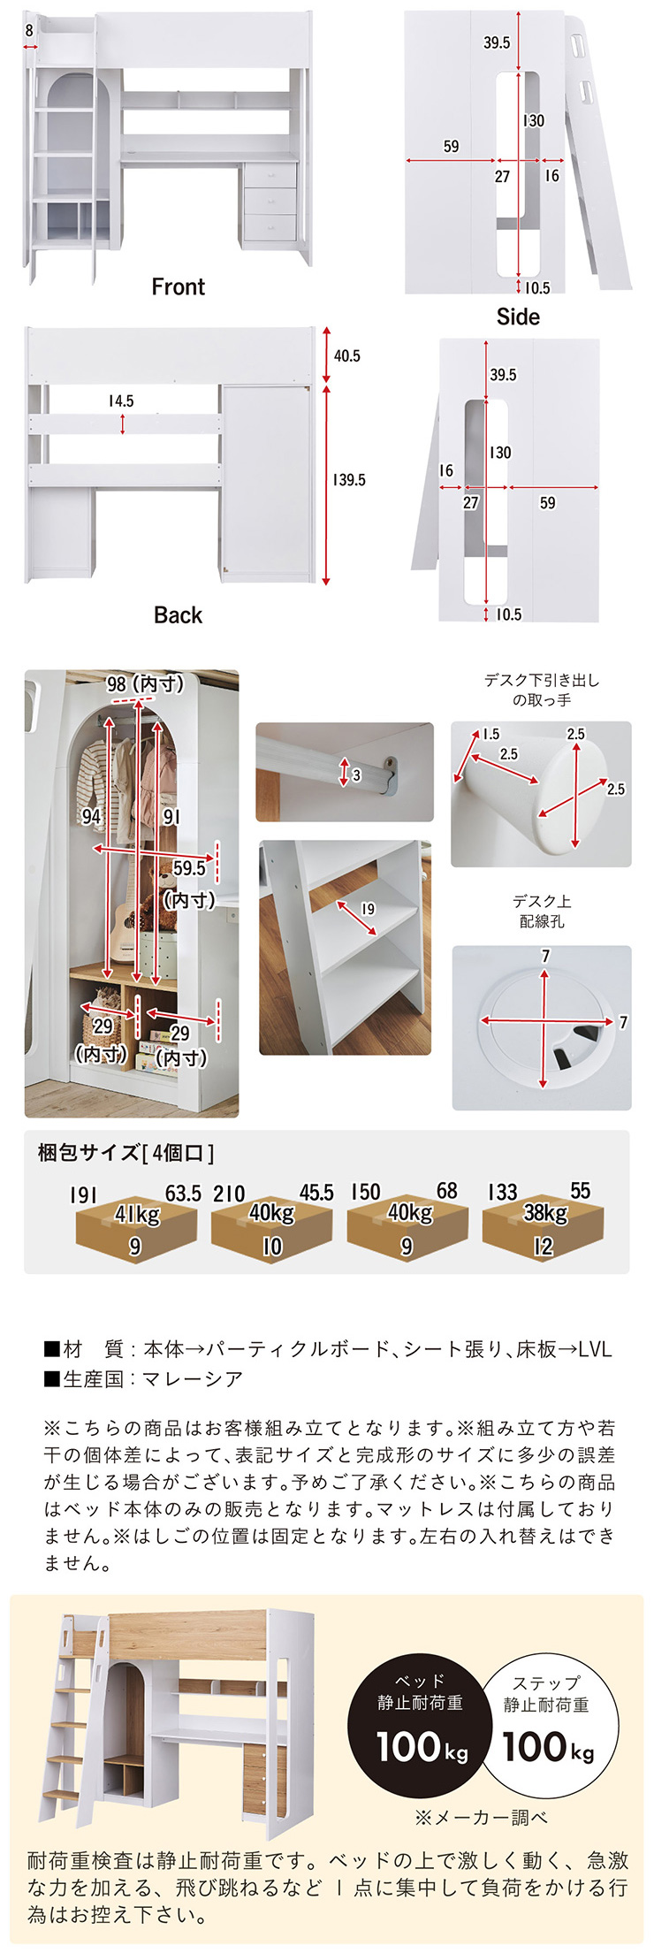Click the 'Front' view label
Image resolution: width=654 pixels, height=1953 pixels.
click(178, 286)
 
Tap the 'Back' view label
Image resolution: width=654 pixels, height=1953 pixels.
click(178, 615)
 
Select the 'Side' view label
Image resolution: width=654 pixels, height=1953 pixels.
click(518, 317)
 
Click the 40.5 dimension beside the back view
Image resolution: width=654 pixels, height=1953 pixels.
click(347, 355)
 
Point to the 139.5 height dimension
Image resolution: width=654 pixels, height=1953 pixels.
click(349, 480)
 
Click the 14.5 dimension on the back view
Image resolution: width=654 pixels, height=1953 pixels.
click(121, 401)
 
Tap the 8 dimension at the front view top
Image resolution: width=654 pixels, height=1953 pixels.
click(29, 30)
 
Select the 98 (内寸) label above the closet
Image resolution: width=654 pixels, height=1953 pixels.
click(146, 683)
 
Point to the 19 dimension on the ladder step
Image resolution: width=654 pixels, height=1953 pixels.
click(368, 909)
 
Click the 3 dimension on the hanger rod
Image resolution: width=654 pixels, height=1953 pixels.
click(356, 775)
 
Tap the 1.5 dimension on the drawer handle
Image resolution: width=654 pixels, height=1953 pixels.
click(490, 734)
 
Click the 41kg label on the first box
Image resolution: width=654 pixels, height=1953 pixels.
click(137, 1215)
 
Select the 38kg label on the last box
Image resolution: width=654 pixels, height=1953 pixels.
click(545, 1213)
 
